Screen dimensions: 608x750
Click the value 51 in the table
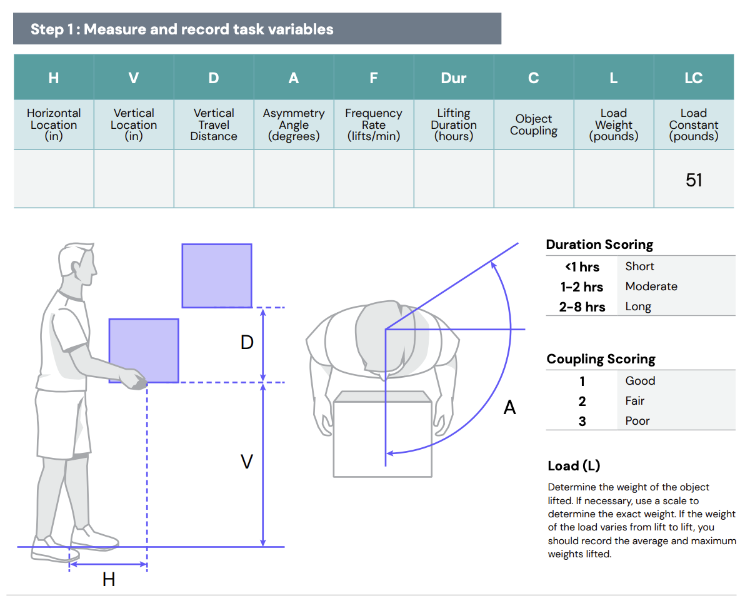[694, 180]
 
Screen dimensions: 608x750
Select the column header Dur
[454, 78]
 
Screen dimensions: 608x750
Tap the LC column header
[694, 78]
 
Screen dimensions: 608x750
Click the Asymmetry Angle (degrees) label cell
[294, 124]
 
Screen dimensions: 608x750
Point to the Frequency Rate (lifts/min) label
[374, 124]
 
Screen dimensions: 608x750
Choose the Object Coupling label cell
[534, 124]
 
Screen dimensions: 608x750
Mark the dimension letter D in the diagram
[247, 343]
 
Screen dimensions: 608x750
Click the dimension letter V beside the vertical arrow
[247, 462]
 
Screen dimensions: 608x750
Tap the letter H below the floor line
[109, 580]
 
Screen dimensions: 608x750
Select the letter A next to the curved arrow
[510, 408]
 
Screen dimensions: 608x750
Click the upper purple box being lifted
[217, 276]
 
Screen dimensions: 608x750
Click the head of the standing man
[78, 266]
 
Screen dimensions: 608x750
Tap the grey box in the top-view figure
[382, 438]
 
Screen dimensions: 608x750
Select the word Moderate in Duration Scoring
[651, 286]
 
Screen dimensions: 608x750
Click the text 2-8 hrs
[582, 307]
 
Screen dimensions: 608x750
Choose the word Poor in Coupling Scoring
[637, 421]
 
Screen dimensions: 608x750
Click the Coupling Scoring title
[601, 359]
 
